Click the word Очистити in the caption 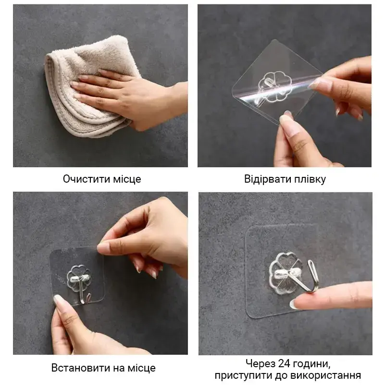[87, 179]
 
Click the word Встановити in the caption [81, 368]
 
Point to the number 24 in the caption [285, 363]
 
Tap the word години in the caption [312, 364]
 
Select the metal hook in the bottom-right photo [304, 277]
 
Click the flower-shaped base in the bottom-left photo [78, 278]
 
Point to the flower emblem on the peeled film [274, 87]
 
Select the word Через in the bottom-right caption [261, 364]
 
